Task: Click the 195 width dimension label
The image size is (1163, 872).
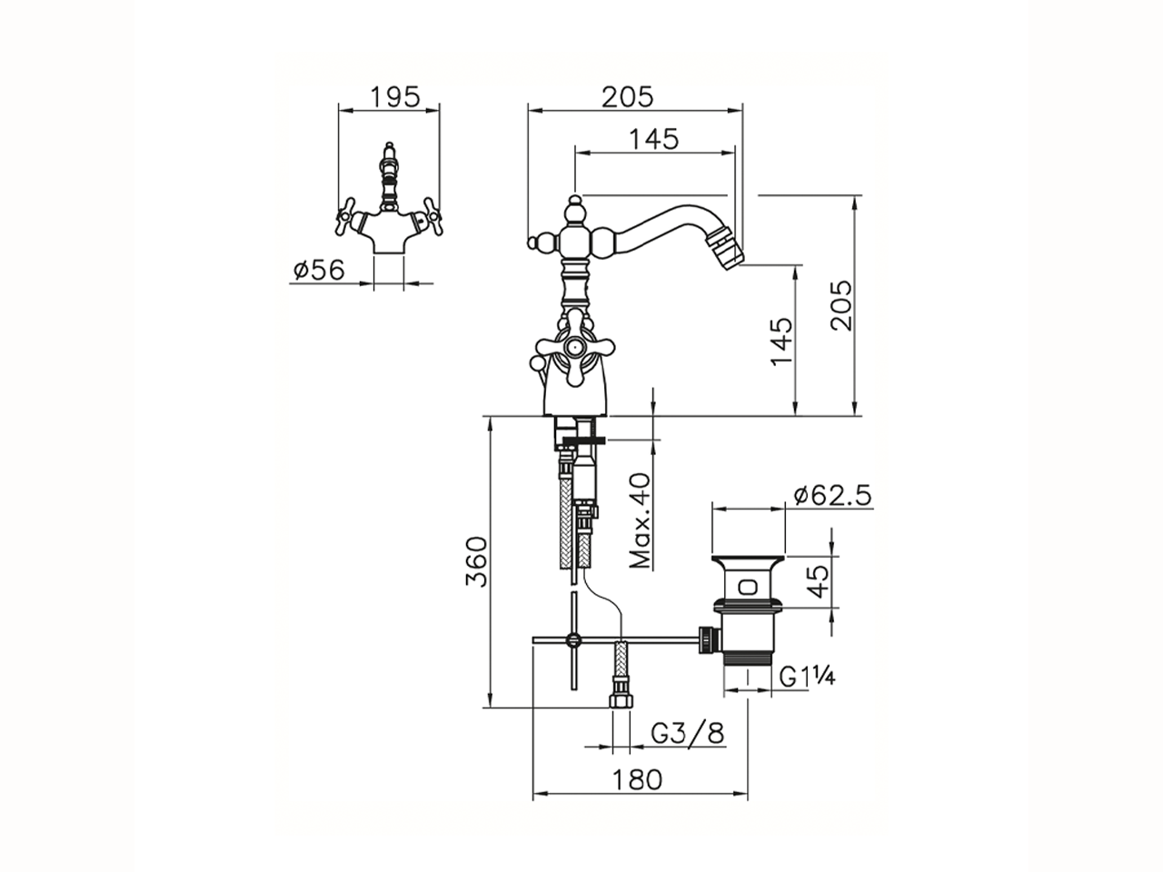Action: tap(394, 97)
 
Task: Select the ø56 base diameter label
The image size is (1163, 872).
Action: tap(319, 270)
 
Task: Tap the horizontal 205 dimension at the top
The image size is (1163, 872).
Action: tap(628, 97)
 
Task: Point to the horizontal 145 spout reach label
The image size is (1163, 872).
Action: tap(654, 139)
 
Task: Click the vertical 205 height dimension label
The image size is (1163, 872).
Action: tap(841, 305)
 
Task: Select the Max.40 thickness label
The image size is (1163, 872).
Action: tap(640, 520)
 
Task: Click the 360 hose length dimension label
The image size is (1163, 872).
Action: tap(476, 561)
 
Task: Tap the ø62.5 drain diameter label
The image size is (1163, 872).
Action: tap(833, 496)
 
